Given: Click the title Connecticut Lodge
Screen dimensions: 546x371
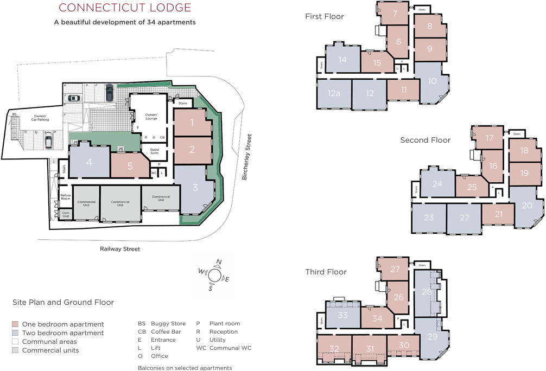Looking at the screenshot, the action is pyautogui.click(x=125, y=8).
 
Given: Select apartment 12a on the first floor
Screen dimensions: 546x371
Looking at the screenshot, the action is pyautogui.click(x=334, y=93).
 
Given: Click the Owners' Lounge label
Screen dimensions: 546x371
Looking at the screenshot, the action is pyautogui.click(x=151, y=116).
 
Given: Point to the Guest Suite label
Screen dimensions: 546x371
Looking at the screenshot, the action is pyautogui.click(x=151, y=151).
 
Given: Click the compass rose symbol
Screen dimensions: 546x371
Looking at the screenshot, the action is pyautogui.click(x=214, y=275).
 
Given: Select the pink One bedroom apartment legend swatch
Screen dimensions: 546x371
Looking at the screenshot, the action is pyautogui.click(x=16, y=324).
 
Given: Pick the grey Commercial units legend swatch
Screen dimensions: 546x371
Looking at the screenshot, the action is pyautogui.click(x=16, y=350).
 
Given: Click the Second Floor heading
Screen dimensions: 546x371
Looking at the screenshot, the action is pyautogui.click(x=426, y=140).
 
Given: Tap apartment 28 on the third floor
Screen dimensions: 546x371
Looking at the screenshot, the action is pyautogui.click(x=427, y=292).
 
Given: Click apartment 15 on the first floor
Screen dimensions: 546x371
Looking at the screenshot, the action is pyautogui.click(x=377, y=63).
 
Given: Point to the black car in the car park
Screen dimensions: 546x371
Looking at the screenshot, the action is pyautogui.click(x=109, y=93).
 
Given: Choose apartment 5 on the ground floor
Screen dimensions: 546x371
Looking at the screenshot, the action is pyautogui.click(x=130, y=166).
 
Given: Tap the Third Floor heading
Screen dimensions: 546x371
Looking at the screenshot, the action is pyautogui.click(x=326, y=272).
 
